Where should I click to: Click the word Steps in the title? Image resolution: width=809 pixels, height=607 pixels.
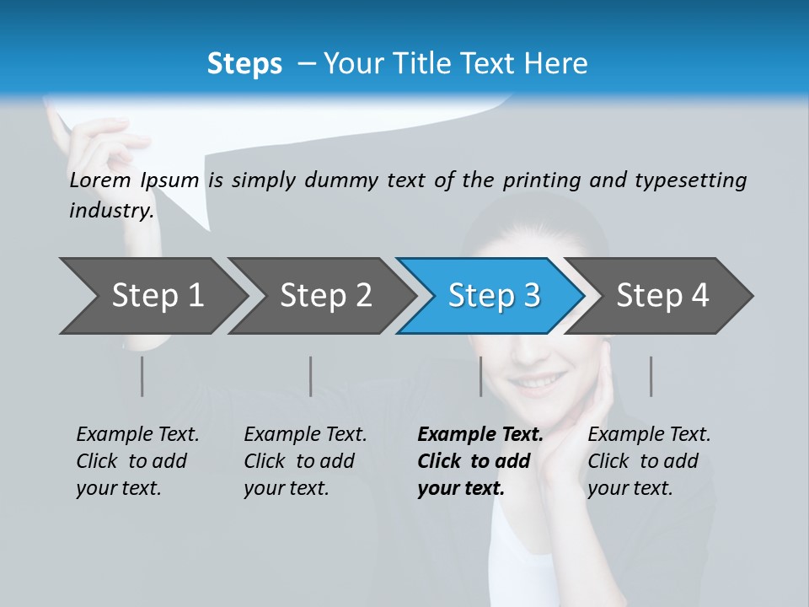(x=244, y=63)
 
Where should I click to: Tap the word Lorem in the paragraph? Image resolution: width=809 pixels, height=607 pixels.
(x=100, y=180)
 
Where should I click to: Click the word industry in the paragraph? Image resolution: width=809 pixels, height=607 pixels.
(x=110, y=210)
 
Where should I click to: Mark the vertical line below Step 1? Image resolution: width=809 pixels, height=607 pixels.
(x=142, y=376)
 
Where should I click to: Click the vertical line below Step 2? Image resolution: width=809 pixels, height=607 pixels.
(x=311, y=376)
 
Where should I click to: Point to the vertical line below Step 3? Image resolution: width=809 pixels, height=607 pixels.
(x=480, y=376)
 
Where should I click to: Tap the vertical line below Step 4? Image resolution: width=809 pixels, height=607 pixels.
(x=651, y=376)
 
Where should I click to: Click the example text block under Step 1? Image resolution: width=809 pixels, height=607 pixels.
(x=137, y=461)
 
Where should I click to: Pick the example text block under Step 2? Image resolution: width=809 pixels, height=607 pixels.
(x=305, y=461)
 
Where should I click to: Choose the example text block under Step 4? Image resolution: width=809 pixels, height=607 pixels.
(x=649, y=461)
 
